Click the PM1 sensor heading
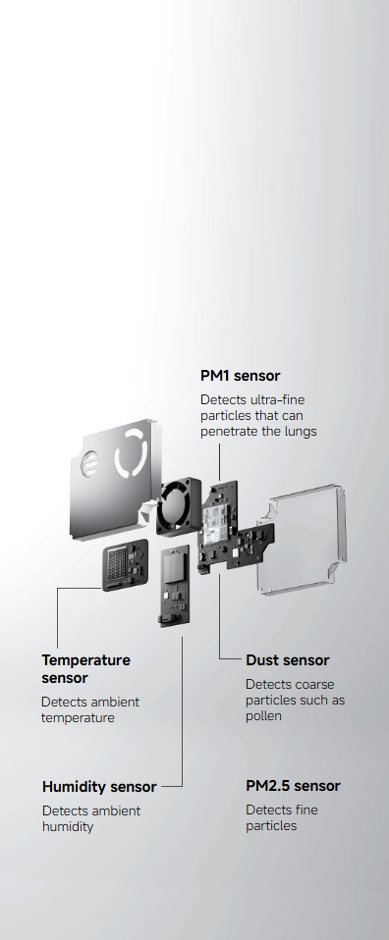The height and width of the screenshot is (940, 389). point(240,376)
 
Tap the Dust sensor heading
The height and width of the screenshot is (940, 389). point(287,660)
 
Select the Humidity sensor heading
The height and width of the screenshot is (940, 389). point(99,787)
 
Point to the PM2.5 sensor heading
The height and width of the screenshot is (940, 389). point(293,787)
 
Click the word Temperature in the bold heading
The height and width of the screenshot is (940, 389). point(85,660)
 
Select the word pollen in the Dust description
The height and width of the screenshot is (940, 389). point(263,716)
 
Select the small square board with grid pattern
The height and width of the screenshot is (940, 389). point(125,565)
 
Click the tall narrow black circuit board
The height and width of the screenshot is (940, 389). point(176,587)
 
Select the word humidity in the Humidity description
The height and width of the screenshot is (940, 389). point(68,827)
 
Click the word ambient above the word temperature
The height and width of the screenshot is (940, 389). point(113,702)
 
